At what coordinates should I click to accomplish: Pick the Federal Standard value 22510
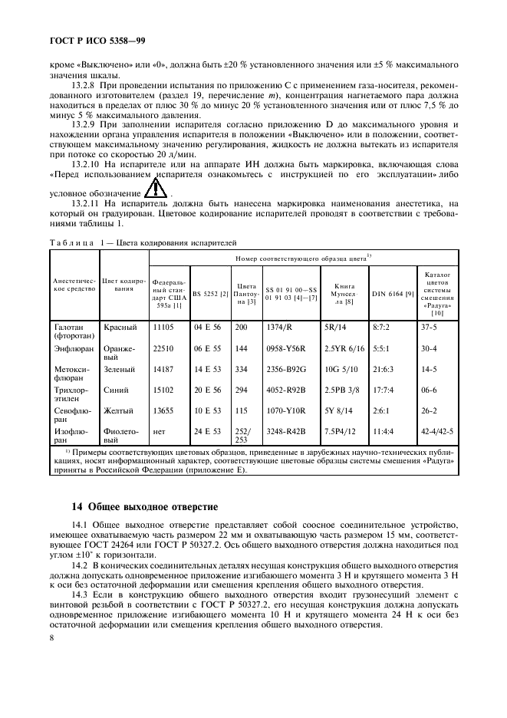pos(165,347)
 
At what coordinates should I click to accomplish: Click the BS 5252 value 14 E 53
pos(207,368)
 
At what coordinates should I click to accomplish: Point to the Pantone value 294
pos(242,390)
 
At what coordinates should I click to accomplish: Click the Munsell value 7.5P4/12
pos(341,432)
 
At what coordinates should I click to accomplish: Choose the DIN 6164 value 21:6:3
pos(385,368)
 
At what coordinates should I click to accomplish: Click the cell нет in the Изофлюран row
pos(160,432)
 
